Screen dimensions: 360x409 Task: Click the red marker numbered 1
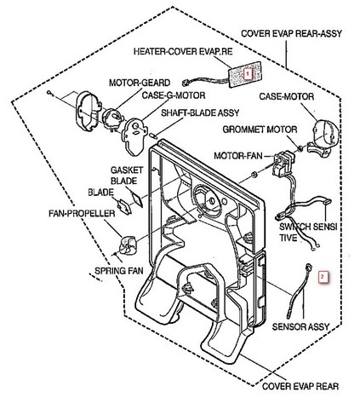coord(248,74)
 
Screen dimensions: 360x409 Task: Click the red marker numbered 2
coord(323,277)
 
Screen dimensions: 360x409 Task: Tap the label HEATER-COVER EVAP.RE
coord(183,51)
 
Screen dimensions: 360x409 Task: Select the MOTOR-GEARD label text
coord(140,83)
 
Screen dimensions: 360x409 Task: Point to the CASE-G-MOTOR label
coord(174,95)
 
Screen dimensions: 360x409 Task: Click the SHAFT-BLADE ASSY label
coord(200,112)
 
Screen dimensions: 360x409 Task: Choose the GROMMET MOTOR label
coord(260,130)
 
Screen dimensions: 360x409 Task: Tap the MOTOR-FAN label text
coord(238,155)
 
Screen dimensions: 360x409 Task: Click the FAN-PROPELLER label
coord(82,213)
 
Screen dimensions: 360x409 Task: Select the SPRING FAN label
coord(119,271)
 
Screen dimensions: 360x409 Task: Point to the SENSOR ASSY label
coord(300,326)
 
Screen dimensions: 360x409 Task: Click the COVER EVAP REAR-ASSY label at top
coord(291,33)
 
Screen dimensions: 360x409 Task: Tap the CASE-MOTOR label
coord(287,96)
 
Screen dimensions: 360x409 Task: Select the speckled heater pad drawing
coord(245,74)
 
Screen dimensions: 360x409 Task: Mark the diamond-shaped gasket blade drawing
coord(137,199)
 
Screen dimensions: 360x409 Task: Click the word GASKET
coord(127,170)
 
